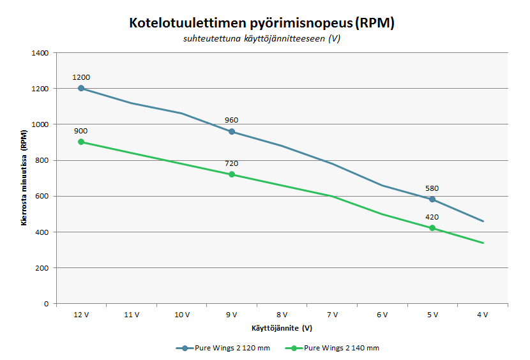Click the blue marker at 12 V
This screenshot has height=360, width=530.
(81, 88)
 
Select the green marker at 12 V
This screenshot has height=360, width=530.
(81, 142)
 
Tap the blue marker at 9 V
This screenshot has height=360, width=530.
(232, 131)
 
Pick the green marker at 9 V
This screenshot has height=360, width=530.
(232, 174)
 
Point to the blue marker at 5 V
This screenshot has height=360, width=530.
(432, 199)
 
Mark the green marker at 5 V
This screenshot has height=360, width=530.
(432, 228)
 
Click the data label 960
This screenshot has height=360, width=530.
(232, 121)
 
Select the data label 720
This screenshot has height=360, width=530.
(232, 163)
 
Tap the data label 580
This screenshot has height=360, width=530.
(432, 189)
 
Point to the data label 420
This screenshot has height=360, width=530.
(432, 218)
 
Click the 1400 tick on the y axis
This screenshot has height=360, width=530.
(40, 53)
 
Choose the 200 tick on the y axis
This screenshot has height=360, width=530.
(42, 268)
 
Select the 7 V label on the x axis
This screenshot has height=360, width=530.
(332, 315)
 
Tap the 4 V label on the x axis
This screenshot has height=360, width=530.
(483, 315)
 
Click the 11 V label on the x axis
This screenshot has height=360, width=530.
(132, 315)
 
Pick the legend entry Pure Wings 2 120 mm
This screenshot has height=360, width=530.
(223, 348)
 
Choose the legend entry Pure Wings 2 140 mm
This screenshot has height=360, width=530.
(332, 348)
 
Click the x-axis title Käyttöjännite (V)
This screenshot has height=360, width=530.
(282, 328)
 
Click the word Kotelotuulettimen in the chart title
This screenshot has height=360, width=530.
(188, 23)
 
